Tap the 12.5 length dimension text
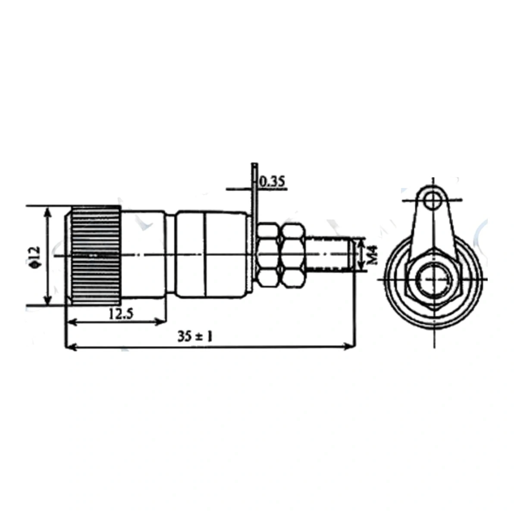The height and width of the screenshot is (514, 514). [x=121, y=314]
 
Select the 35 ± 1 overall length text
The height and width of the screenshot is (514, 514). [x=195, y=336]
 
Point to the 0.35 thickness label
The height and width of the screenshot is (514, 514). [x=272, y=181]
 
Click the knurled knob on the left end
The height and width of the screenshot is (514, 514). [x=93, y=256]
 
